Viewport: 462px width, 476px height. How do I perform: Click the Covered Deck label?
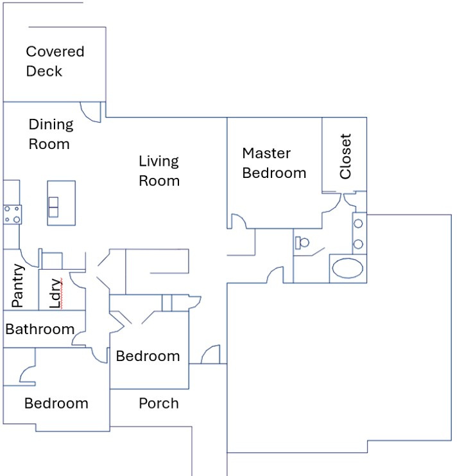coord(55,61)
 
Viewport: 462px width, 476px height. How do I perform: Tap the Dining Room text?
coord(50,134)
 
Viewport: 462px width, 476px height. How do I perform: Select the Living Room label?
coord(159,171)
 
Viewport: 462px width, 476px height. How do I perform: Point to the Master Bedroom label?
coord(273,163)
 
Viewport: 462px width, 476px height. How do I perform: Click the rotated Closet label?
coord(345,156)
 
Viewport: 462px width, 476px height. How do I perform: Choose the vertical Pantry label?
coord(17,285)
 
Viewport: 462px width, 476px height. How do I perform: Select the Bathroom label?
coord(40,330)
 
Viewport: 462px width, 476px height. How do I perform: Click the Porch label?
coord(158,403)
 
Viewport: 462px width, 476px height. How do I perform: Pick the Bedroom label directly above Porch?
coord(148,356)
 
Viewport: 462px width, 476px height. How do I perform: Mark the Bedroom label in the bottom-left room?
coord(56,403)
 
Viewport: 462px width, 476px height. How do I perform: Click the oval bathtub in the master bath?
coord(348,269)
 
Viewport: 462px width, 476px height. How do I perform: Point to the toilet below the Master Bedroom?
coord(303,243)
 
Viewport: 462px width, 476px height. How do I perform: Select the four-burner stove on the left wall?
coord(12,214)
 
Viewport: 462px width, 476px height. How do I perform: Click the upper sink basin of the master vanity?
coord(359,223)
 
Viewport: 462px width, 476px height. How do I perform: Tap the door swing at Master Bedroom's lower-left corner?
coord(237,221)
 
